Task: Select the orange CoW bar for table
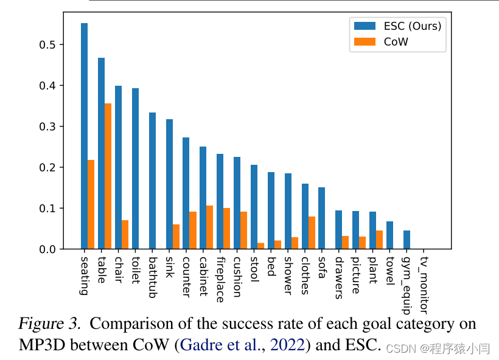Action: pyautogui.click(x=108, y=176)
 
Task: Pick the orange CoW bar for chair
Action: pyautogui.click(x=125, y=234)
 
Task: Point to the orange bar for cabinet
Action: pyautogui.click(x=209, y=227)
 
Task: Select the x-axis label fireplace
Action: pyautogui.click(x=220, y=279)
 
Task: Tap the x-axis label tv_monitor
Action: pyautogui.click(x=424, y=285)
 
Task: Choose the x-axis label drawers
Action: pyautogui.click(x=339, y=277)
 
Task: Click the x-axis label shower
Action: pyautogui.click(x=288, y=275)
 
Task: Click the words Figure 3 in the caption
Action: pyautogui.click(x=51, y=324)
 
